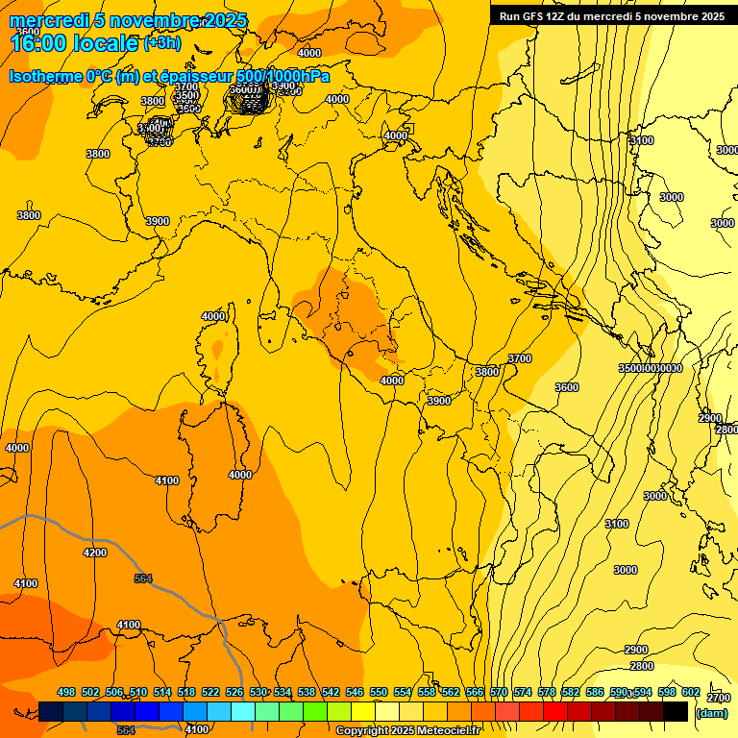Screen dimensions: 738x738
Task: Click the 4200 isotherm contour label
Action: pyautogui.click(x=95, y=553)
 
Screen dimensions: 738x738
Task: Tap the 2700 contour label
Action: pyautogui.click(x=718, y=698)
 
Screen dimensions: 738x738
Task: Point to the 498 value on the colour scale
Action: pyautogui.click(x=66, y=692)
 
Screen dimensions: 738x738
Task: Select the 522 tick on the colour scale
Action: pyautogui.click(x=210, y=692)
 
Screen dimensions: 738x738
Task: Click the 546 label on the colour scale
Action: pyautogui.click(x=355, y=692)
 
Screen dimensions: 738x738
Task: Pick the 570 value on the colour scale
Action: pyautogui.click(x=499, y=692)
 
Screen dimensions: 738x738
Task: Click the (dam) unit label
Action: pyautogui.click(x=711, y=713)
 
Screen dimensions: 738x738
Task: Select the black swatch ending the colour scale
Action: pyautogui.click(x=676, y=711)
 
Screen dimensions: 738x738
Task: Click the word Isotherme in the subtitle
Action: pyautogui.click(x=46, y=77)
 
